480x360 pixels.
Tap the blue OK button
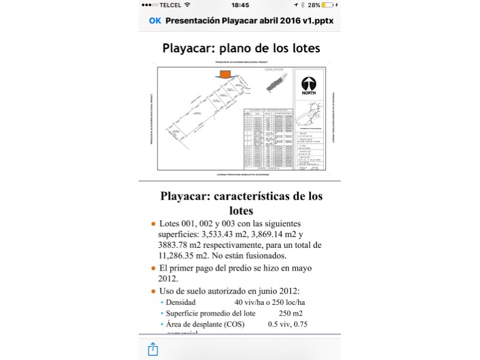click(155, 20)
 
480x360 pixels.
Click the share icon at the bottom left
click(152, 349)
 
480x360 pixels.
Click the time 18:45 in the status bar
click(240, 5)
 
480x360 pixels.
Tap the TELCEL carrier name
click(171, 5)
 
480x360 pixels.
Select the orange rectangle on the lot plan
click(225, 74)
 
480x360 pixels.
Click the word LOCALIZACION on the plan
click(273, 70)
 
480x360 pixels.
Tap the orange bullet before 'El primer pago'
click(154, 268)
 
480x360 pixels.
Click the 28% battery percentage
click(313, 5)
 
